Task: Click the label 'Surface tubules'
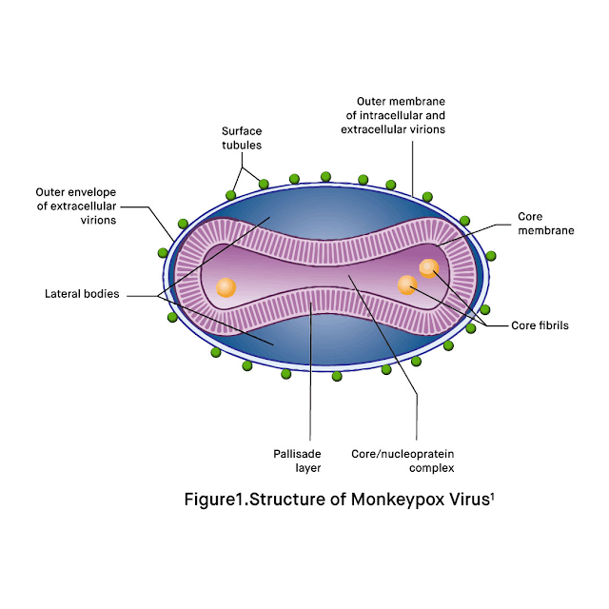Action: [x=242, y=139]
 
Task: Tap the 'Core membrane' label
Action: [x=543, y=223]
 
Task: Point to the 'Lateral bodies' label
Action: [x=82, y=294]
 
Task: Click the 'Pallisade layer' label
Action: [x=307, y=461]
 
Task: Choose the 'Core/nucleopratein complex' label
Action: [x=417, y=461]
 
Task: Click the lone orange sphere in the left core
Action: [x=226, y=285]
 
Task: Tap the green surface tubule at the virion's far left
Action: [x=164, y=252]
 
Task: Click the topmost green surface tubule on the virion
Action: [x=325, y=176]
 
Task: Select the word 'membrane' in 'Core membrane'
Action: [x=543, y=229]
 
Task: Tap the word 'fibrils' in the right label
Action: [x=553, y=324]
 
